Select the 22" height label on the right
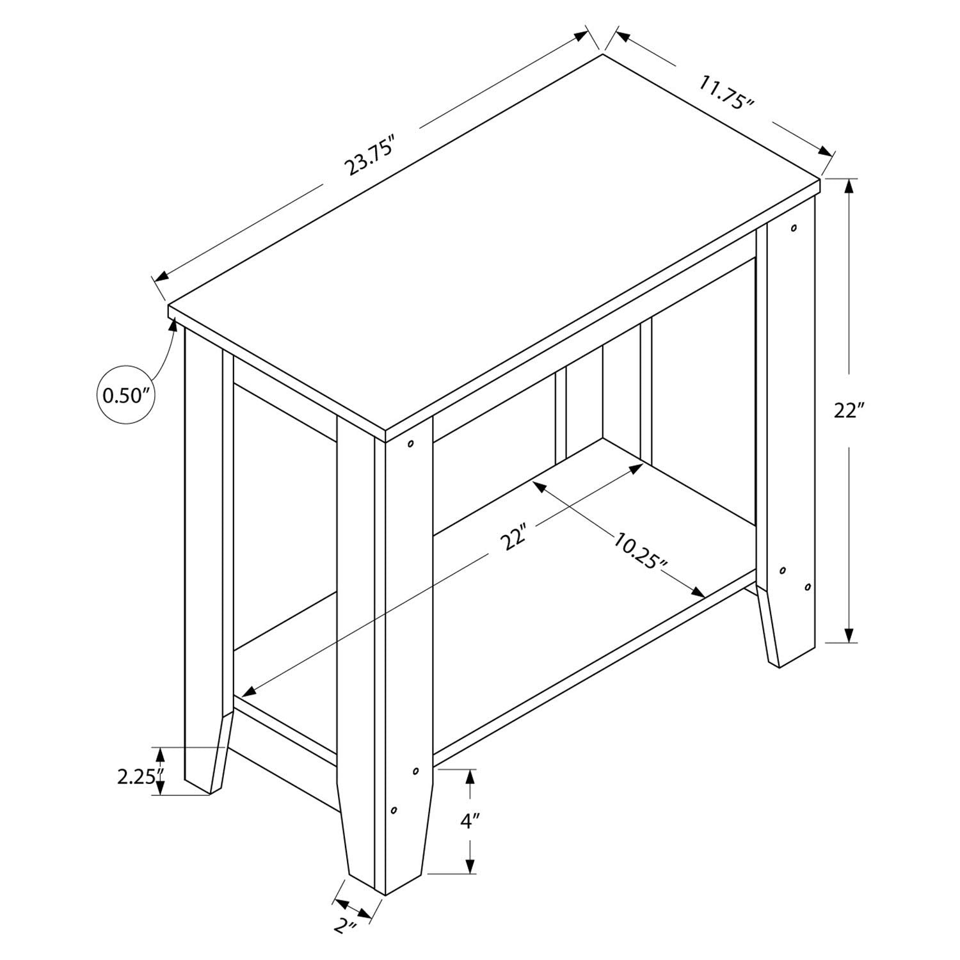(849, 410)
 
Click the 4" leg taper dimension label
(470, 821)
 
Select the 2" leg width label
(346, 943)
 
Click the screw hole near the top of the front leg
(410, 443)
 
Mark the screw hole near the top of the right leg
(794, 228)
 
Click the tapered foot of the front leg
(384, 851)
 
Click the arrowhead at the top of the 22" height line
(849, 186)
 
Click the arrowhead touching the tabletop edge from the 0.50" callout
(173, 323)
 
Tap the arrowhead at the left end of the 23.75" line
(161, 276)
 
